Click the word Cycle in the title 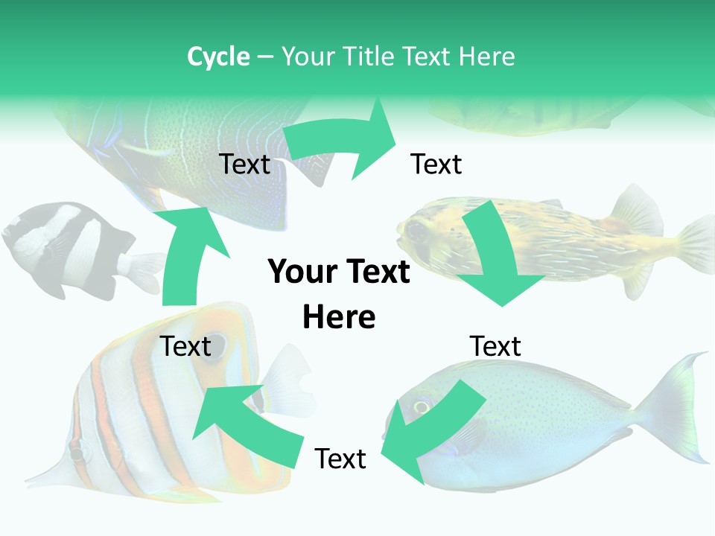click(x=218, y=57)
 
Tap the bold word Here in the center click(x=339, y=317)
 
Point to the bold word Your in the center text click(x=297, y=272)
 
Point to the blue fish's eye click(x=422, y=406)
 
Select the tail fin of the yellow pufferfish click(x=696, y=246)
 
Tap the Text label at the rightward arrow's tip click(x=436, y=164)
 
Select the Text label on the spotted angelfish click(x=244, y=164)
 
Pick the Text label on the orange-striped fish click(x=186, y=346)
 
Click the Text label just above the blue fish click(x=495, y=346)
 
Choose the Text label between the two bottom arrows click(x=340, y=459)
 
